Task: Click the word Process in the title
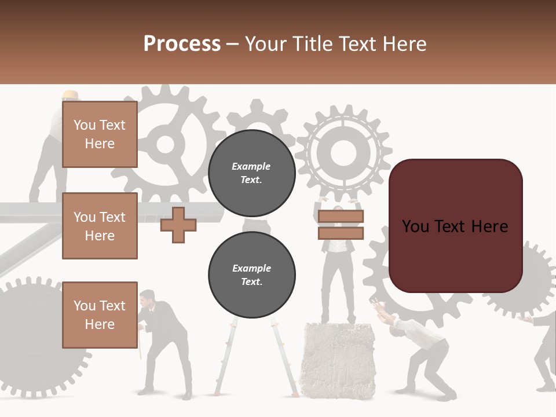click(x=182, y=44)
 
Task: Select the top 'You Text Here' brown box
click(x=100, y=134)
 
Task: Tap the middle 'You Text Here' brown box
click(x=100, y=226)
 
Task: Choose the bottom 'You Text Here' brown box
click(x=100, y=315)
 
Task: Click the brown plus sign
click(x=178, y=225)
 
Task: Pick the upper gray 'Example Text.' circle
click(x=251, y=173)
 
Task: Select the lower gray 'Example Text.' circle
click(x=251, y=274)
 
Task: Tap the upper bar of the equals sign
click(x=341, y=217)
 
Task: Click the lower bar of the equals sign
click(x=341, y=233)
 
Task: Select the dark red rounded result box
click(x=455, y=226)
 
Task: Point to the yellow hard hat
click(x=71, y=95)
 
